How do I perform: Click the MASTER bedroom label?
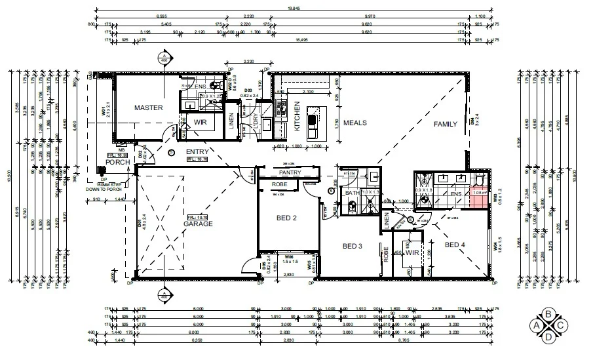[148, 108]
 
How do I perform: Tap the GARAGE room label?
[198, 224]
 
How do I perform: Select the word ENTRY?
[197, 152]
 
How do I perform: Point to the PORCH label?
[119, 163]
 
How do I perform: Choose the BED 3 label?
[353, 246]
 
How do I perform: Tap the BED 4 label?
[455, 245]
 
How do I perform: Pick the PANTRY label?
[289, 172]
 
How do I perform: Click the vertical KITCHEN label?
[297, 116]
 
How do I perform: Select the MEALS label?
[354, 123]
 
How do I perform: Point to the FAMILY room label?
[446, 123]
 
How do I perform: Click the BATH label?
[353, 193]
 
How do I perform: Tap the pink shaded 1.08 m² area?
[480, 195]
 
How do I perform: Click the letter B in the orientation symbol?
[548, 314]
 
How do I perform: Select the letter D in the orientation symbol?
[548, 337]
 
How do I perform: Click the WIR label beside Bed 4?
[412, 252]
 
